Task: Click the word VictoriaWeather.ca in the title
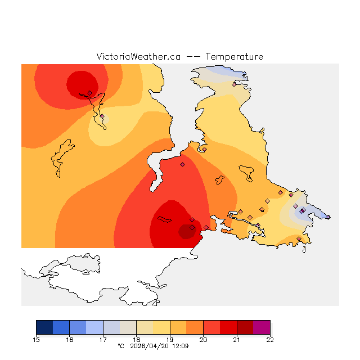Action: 138,57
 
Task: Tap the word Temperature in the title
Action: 234,57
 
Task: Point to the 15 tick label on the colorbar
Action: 37,340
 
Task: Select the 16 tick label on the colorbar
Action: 70,340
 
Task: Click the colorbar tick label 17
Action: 103,340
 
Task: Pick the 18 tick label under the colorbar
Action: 137,340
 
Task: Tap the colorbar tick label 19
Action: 170,340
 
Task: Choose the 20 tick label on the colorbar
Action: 203,340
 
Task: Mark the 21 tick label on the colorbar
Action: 237,340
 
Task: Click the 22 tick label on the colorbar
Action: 270,340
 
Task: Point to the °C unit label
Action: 120,346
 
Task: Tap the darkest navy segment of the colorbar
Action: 44,327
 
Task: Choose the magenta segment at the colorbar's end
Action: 262,327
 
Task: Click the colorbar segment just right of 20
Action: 211,327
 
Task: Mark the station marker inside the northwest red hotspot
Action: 89,93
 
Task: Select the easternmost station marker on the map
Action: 328,217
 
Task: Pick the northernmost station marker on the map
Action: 234,84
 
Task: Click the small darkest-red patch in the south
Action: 186,231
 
